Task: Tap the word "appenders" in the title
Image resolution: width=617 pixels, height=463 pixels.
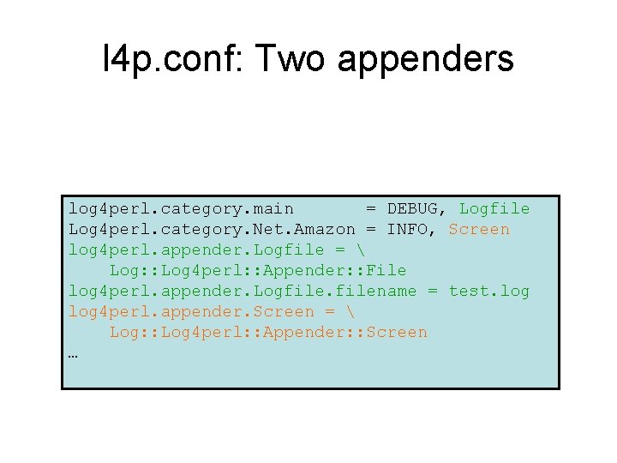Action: point(426,59)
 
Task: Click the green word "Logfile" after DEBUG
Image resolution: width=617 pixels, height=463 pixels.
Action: point(494,208)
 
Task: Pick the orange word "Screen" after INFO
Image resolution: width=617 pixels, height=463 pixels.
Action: point(479,229)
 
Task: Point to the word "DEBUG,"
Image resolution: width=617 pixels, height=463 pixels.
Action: point(418,208)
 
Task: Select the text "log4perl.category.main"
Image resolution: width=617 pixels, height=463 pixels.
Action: point(181,208)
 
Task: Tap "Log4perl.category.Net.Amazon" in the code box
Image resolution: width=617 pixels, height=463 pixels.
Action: point(212,229)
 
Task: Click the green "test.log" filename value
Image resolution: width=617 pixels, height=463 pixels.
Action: point(489,291)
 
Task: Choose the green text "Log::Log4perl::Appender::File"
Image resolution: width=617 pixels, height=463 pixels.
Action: point(258,270)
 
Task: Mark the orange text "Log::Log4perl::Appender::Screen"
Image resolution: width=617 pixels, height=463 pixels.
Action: point(268,332)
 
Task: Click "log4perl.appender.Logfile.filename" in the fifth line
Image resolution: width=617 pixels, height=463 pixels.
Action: point(243,291)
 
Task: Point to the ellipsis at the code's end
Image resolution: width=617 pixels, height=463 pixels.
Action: point(74,352)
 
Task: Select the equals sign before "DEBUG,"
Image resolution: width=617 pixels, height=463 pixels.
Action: point(371,208)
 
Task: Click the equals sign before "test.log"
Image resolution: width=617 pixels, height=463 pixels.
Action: point(433,291)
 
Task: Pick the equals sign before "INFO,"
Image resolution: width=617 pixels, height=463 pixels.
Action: point(371,229)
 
